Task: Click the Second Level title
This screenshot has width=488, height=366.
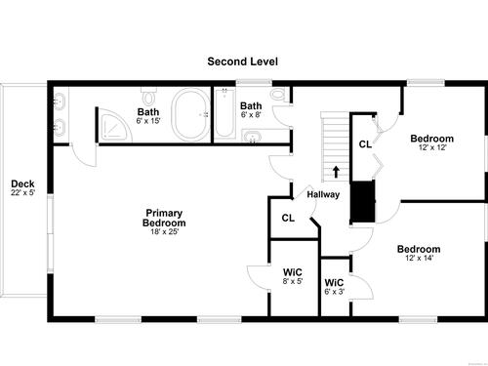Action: coord(242,61)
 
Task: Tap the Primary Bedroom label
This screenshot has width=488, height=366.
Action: coord(164,218)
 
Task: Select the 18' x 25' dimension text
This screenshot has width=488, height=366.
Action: coord(164,232)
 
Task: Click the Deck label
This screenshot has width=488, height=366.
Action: coord(22,183)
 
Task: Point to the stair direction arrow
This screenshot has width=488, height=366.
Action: coord(336,172)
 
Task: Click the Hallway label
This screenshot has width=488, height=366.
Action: coord(323,194)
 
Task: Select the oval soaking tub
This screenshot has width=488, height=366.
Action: coord(191,115)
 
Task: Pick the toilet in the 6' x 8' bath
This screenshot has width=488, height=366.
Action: coord(277,95)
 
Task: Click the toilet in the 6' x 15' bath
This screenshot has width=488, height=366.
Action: coord(149,96)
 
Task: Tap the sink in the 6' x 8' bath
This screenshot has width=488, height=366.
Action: coord(251,137)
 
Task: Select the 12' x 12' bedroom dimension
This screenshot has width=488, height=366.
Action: coord(432,147)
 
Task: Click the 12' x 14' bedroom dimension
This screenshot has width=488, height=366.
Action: coord(419,259)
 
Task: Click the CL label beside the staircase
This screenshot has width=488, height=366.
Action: coord(365,144)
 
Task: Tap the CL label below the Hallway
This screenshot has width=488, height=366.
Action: coord(288,218)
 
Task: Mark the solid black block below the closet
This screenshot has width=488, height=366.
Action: coord(363,202)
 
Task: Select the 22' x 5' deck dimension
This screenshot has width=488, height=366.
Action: coord(22,192)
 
